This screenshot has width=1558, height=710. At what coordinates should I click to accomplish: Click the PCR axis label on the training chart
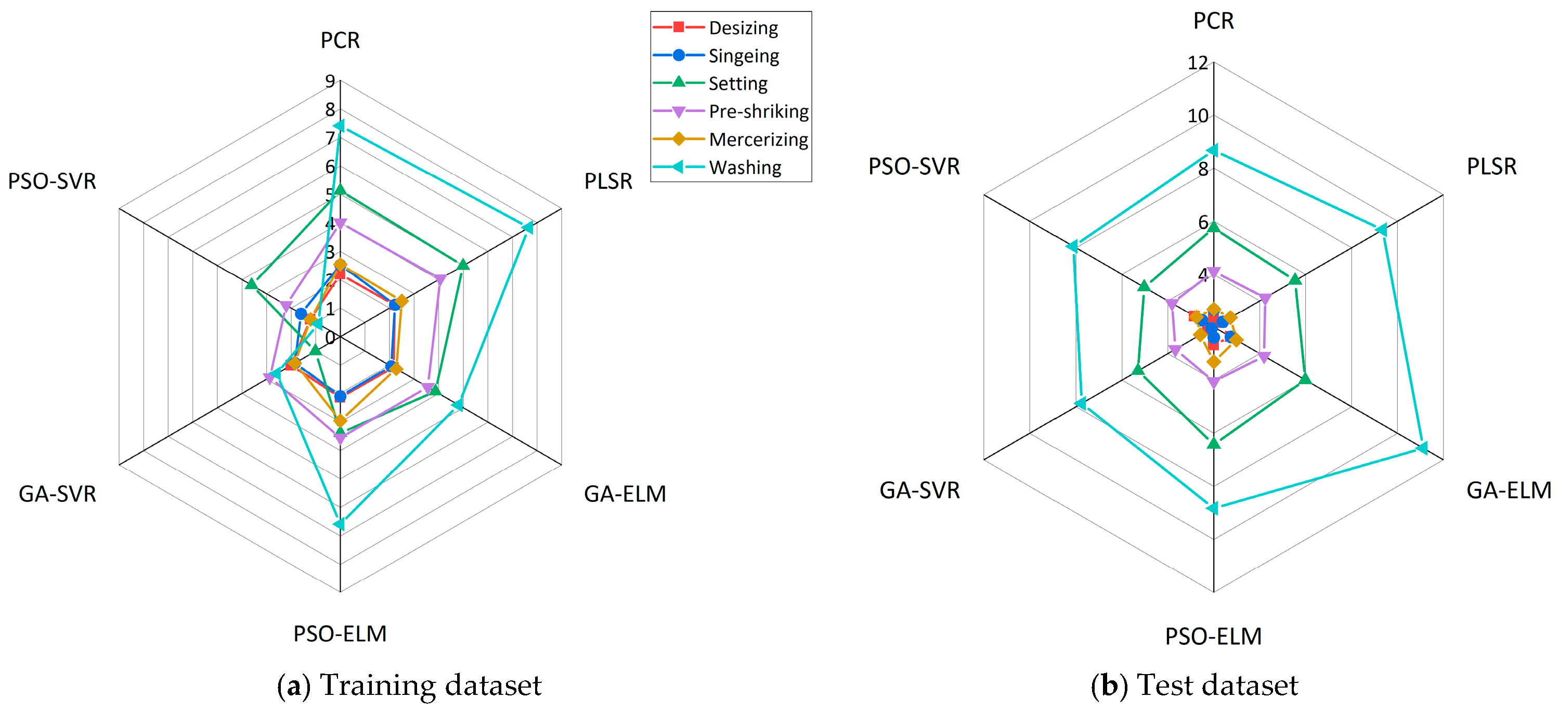pyautogui.click(x=340, y=41)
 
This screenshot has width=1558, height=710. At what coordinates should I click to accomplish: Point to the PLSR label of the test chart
pyautogui.click(x=1491, y=167)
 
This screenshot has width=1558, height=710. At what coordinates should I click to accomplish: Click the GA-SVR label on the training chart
pyautogui.click(x=57, y=494)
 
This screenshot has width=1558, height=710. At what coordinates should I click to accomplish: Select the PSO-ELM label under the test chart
pyautogui.click(x=1213, y=636)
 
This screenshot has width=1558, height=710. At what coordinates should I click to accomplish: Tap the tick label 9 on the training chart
pyautogui.click(x=330, y=81)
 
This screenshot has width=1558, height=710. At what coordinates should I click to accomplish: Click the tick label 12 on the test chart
pyautogui.click(x=1197, y=63)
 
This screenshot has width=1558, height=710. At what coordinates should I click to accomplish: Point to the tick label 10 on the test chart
pyautogui.click(x=1197, y=116)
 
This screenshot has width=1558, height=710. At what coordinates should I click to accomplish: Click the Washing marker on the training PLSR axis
pyautogui.click(x=527, y=227)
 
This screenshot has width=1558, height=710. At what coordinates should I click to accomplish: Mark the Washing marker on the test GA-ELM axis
pyautogui.click(x=1421, y=448)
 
